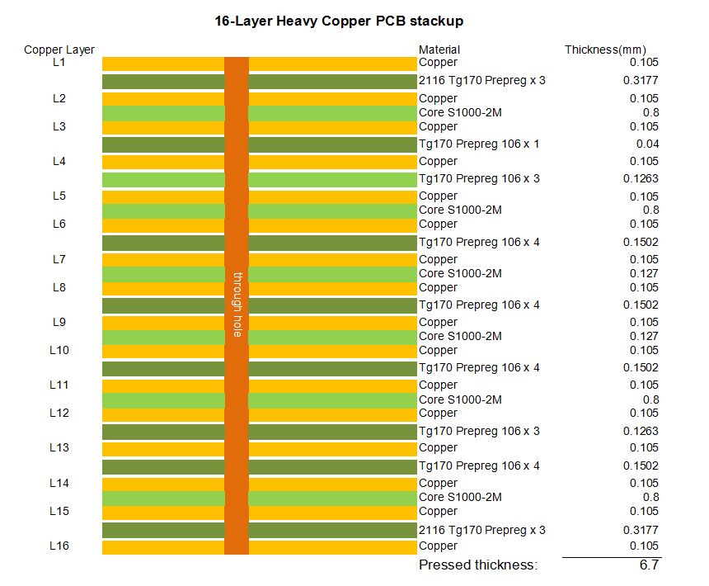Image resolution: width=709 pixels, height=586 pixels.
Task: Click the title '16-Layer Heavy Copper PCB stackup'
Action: click(x=339, y=21)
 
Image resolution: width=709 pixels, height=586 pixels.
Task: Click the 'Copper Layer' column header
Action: click(x=59, y=50)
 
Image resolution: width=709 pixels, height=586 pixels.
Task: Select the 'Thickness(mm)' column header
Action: click(x=605, y=50)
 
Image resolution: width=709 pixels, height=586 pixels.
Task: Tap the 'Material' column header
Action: click(x=439, y=50)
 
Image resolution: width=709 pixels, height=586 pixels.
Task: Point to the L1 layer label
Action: click(x=59, y=63)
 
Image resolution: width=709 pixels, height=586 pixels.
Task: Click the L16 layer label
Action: click(x=59, y=546)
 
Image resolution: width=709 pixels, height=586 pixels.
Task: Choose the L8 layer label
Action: click(x=59, y=287)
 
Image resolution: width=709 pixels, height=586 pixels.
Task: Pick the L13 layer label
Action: click(x=59, y=447)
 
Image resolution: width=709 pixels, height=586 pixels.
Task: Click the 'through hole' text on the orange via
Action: click(x=237, y=305)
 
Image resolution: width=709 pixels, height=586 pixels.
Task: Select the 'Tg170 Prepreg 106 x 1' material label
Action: click(x=479, y=144)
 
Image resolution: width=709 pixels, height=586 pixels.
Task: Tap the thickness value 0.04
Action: click(x=647, y=144)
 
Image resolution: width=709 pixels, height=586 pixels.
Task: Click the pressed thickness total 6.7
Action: click(x=649, y=565)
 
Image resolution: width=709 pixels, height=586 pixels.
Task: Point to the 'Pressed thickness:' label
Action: click(x=478, y=565)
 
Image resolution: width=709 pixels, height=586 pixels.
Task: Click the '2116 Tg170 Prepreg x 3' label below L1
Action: click(x=482, y=81)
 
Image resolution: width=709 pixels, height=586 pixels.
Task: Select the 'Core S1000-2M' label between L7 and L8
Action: click(x=460, y=273)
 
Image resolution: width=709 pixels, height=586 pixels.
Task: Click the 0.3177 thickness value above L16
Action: click(x=641, y=530)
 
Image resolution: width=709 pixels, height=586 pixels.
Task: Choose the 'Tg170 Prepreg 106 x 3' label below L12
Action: click(x=479, y=431)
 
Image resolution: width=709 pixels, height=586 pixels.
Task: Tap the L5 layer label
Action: click(x=59, y=196)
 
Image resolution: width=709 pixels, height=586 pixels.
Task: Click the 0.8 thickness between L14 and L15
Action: click(x=650, y=497)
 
